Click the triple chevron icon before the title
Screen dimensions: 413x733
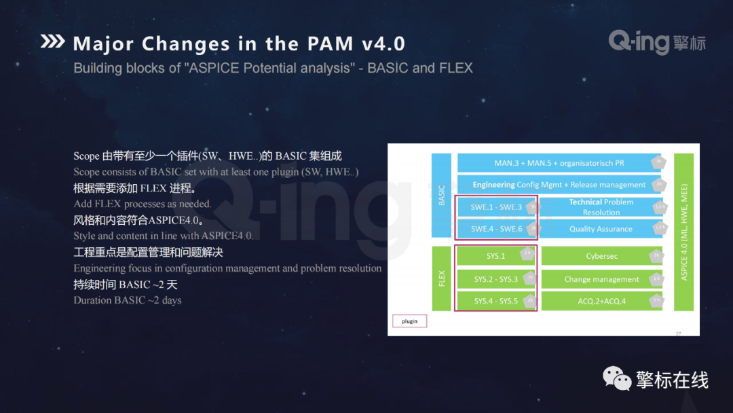click(53, 42)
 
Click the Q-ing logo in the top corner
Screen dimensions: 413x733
click(656, 43)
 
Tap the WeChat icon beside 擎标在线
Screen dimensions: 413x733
click(617, 379)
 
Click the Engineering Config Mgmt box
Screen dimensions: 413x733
click(559, 185)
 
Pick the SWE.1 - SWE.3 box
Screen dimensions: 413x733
click(496, 207)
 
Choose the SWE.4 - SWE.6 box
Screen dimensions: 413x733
click(496, 229)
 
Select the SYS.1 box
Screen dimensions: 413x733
click(495, 256)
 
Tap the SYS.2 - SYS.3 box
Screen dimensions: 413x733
click(495, 279)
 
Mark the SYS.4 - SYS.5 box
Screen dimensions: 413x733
click(495, 301)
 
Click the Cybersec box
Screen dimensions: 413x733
click(601, 256)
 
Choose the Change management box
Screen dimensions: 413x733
click(601, 279)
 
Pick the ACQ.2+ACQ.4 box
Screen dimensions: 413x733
click(601, 301)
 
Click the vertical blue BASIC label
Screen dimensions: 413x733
click(441, 196)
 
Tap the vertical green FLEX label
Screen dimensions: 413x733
click(441, 279)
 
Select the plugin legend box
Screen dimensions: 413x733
click(410, 321)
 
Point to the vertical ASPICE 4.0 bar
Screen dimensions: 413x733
click(683, 232)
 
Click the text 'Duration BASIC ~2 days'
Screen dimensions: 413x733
click(128, 300)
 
